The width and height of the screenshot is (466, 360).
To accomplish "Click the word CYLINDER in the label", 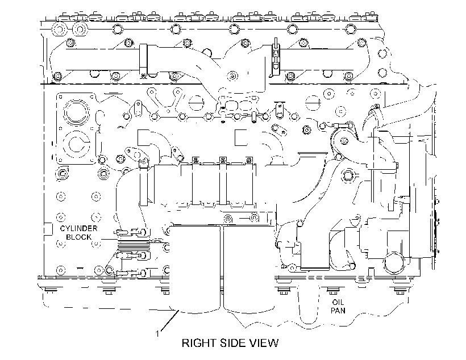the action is pyautogui.click(x=79, y=228).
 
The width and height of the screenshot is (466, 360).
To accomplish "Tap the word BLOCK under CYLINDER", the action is pyautogui.click(x=79, y=237).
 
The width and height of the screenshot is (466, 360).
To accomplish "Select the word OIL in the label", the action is pyautogui.click(x=338, y=303).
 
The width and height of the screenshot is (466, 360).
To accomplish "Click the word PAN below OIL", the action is pyautogui.click(x=338, y=311).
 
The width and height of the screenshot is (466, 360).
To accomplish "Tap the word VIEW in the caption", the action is pyautogui.click(x=264, y=343).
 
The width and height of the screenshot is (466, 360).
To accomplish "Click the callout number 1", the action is pyautogui.click(x=157, y=334).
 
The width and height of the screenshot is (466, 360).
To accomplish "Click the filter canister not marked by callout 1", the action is pyautogui.click(x=249, y=269).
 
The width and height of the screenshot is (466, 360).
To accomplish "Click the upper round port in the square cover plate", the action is pyautogui.click(x=76, y=113).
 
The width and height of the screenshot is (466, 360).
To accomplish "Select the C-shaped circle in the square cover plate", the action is pyautogui.click(x=78, y=144).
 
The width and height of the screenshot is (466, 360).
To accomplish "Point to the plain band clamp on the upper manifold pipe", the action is pyautogui.click(x=143, y=60).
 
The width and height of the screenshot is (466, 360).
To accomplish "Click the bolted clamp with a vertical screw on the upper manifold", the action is pyautogui.click(x=276, y=58).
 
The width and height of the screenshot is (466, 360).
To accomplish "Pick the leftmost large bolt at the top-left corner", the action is pyautogui.click(x=59, y=30).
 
